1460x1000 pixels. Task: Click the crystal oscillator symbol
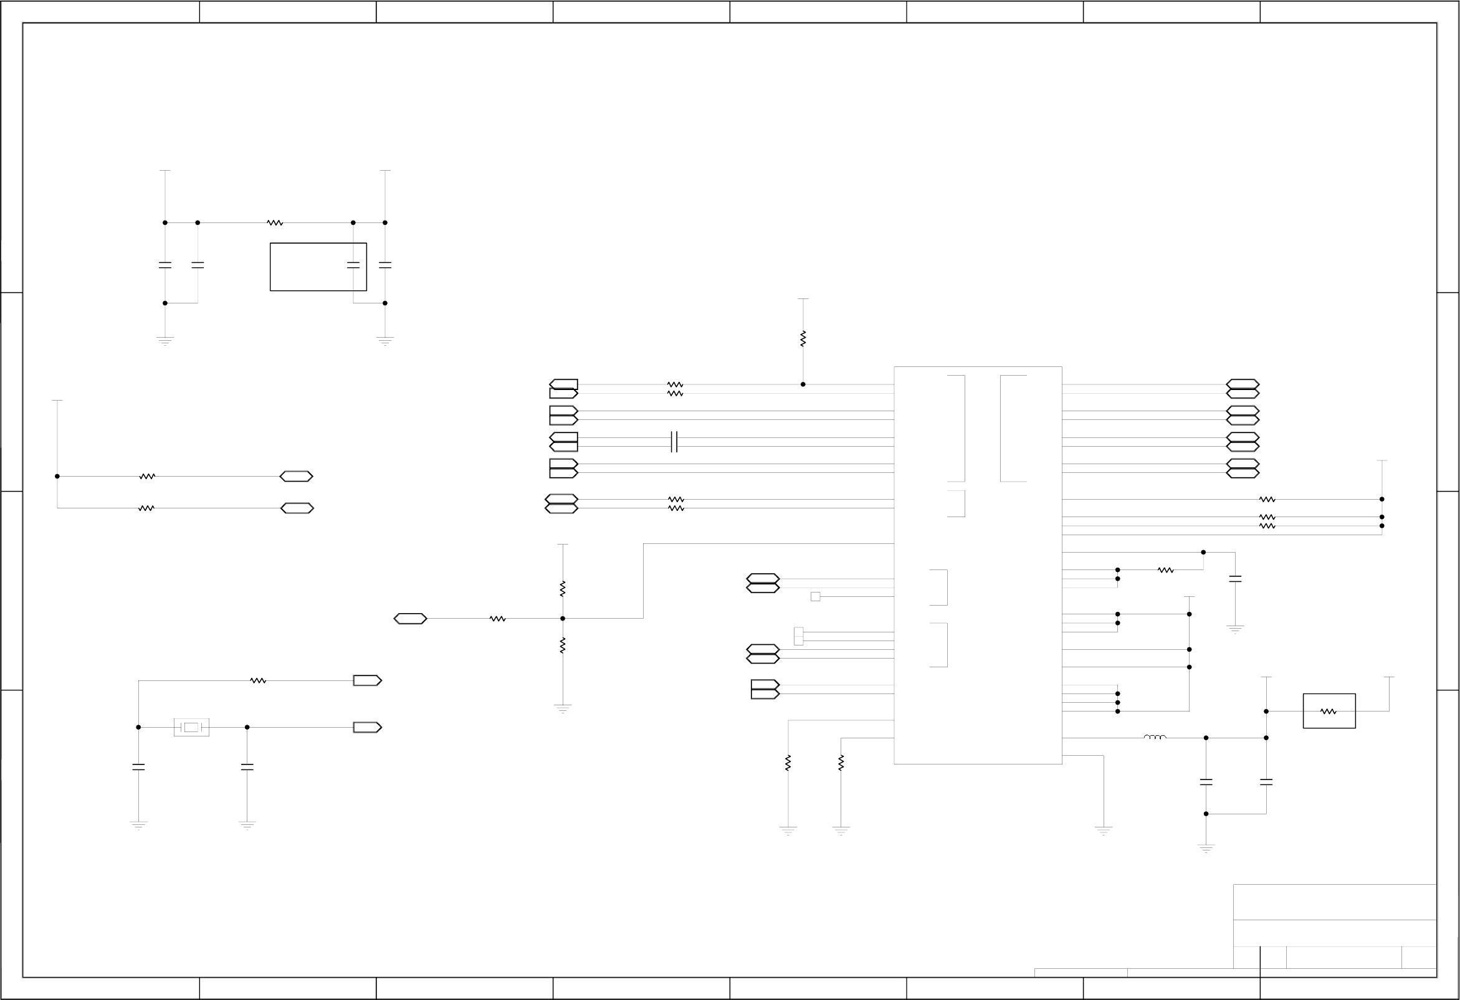(x=191, y=727)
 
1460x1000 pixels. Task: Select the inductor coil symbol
(x=1155, y=737)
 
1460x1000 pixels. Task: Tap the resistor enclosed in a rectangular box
(x=1328, y=712)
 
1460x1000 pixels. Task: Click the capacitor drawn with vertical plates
(x=674, y=442)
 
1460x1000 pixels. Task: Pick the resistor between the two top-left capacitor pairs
(x=275, y=223)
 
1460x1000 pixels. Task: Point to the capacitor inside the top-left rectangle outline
(x=353, y=265)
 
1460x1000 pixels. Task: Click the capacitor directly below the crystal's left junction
(x=139, y=767)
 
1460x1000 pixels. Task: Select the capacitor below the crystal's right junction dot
(x=247, y=767)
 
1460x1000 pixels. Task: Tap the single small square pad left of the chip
(x=816, y=597)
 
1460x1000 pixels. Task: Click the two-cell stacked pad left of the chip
(x=798, y=636)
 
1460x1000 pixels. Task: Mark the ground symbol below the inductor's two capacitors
(x=1206, y=848)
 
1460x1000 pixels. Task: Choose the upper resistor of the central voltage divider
(x=563, y=589)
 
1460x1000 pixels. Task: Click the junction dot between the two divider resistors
(x=563, y=619)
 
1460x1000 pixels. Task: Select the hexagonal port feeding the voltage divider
(x=410, y=619)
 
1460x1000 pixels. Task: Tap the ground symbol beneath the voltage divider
(x=563, y=708)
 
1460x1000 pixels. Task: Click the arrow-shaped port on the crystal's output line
(x=368, y=727)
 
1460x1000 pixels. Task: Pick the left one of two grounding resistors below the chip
(x=788, y=763)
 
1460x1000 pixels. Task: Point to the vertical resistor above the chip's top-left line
(x=803, y=339)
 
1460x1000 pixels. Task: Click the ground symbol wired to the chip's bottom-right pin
(x=1104, y=831)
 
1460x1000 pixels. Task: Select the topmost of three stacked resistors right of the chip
(x=1267, y=499)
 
